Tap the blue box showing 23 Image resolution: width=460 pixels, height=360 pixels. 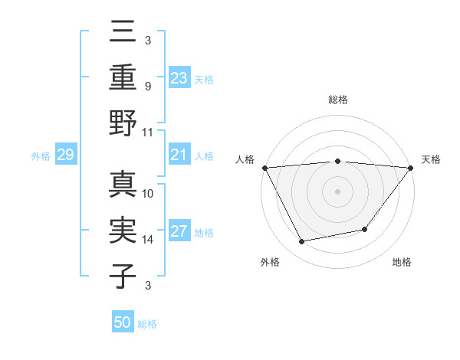(179, 77)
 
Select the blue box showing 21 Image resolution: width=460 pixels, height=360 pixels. (179, 155)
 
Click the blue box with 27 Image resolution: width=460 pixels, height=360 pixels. (179, 232)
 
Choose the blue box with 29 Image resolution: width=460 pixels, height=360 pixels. (65, 155)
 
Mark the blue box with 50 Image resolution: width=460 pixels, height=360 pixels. (123, 322)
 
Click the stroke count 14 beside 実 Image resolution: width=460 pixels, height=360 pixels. (148, 240)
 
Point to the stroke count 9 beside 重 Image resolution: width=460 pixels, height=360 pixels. (148, 86)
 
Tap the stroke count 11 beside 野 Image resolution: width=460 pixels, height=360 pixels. (148, 131)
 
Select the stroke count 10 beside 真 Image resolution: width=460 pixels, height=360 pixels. (148, 194)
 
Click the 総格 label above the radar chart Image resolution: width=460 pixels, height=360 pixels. (337, 100)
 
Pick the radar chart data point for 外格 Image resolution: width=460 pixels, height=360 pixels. (302, 242)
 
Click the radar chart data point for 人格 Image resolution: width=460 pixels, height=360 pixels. (264, 167)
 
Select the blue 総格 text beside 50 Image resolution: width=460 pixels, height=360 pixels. (148, 324)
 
